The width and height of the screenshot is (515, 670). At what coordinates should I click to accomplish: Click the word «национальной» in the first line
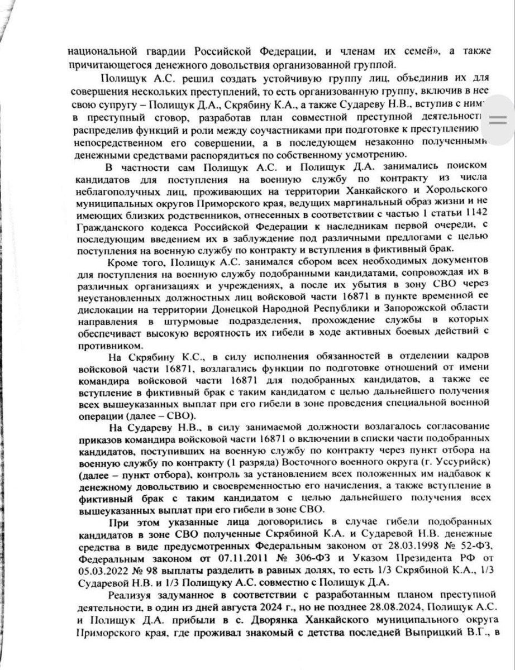tap(102, 51)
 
